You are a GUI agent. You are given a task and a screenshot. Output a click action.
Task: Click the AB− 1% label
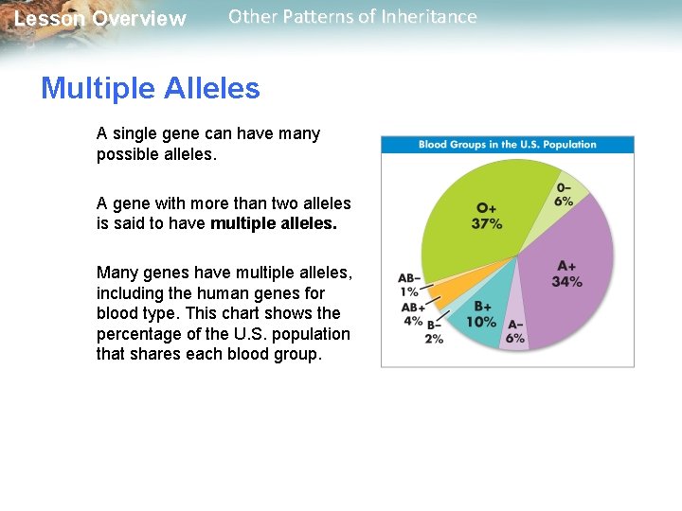click(409, 285)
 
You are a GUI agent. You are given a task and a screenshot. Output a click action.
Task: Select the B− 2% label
click(434, 331)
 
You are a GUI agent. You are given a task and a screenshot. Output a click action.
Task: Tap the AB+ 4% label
click(412, 313)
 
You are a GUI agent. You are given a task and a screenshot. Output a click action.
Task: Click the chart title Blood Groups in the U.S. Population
click(508, 145)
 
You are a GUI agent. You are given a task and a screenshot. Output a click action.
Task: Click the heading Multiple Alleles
click(150, 89)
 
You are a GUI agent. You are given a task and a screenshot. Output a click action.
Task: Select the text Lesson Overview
click(100, 19)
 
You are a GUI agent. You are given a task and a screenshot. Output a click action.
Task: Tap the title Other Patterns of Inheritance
click(352, 17)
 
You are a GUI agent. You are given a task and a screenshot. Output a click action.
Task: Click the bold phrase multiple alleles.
click(274, 224)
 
